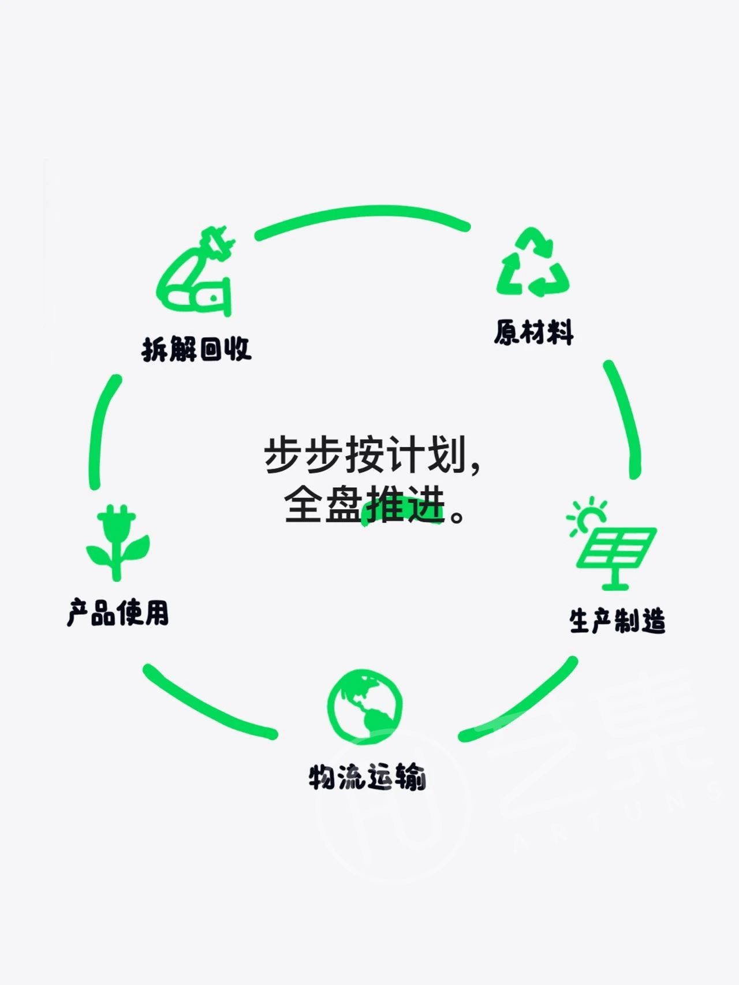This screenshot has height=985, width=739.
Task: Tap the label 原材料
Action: point(534,333)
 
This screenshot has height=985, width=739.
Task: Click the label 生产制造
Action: point(617,621)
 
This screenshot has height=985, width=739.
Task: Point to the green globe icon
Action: point(364,705)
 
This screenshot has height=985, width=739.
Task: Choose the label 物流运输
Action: point(367,777)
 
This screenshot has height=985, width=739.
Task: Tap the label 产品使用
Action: point(118,613)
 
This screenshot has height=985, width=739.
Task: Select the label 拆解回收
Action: point(196,349)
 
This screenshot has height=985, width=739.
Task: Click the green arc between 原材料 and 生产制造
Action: point(628,418)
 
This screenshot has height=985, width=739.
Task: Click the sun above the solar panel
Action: point(585,515)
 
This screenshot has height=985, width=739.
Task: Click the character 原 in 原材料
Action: point(506,333)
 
